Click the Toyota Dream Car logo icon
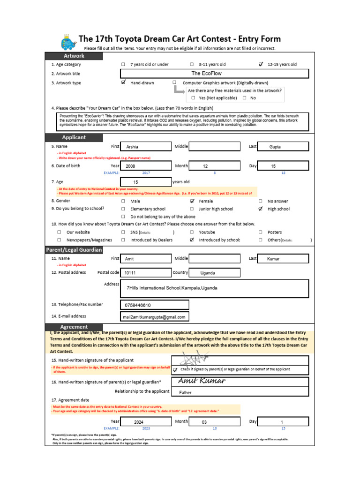(67, 42)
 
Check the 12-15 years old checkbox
(261, 64)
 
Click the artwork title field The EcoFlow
(215, 74)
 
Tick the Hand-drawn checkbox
(123, 82)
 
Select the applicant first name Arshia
(146, 147)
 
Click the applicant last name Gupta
(283, 147)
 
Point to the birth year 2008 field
(146, 166)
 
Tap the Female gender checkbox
(192, 201)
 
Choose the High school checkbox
(261, 209)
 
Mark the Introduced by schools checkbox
(192, 240)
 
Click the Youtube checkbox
(192, 232)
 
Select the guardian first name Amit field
(146, 259)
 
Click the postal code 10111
(146, 273)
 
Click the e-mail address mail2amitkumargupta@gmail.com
(155, 317)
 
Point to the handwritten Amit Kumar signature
(202, 381)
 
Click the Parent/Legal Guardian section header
(74, 250)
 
